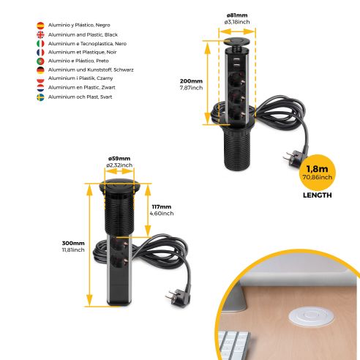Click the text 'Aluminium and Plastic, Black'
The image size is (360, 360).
pyautogui.click(x=82, y=35)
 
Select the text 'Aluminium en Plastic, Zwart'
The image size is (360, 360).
pyautogui.click(x=81, y=86)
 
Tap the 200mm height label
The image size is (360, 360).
pyautogui.click(x=191, y=80)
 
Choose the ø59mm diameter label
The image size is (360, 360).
pyautogui.click(x=119, y=159)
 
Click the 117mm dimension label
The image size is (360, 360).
pyautogui.click(x=162, y=206)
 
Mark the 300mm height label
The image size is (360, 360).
pyautogui.click(x=73, y=242)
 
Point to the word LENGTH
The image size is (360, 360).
pyautogui.click(x=317, y=195)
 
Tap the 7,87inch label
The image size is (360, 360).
pyautogui.click(x=191, y=88)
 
